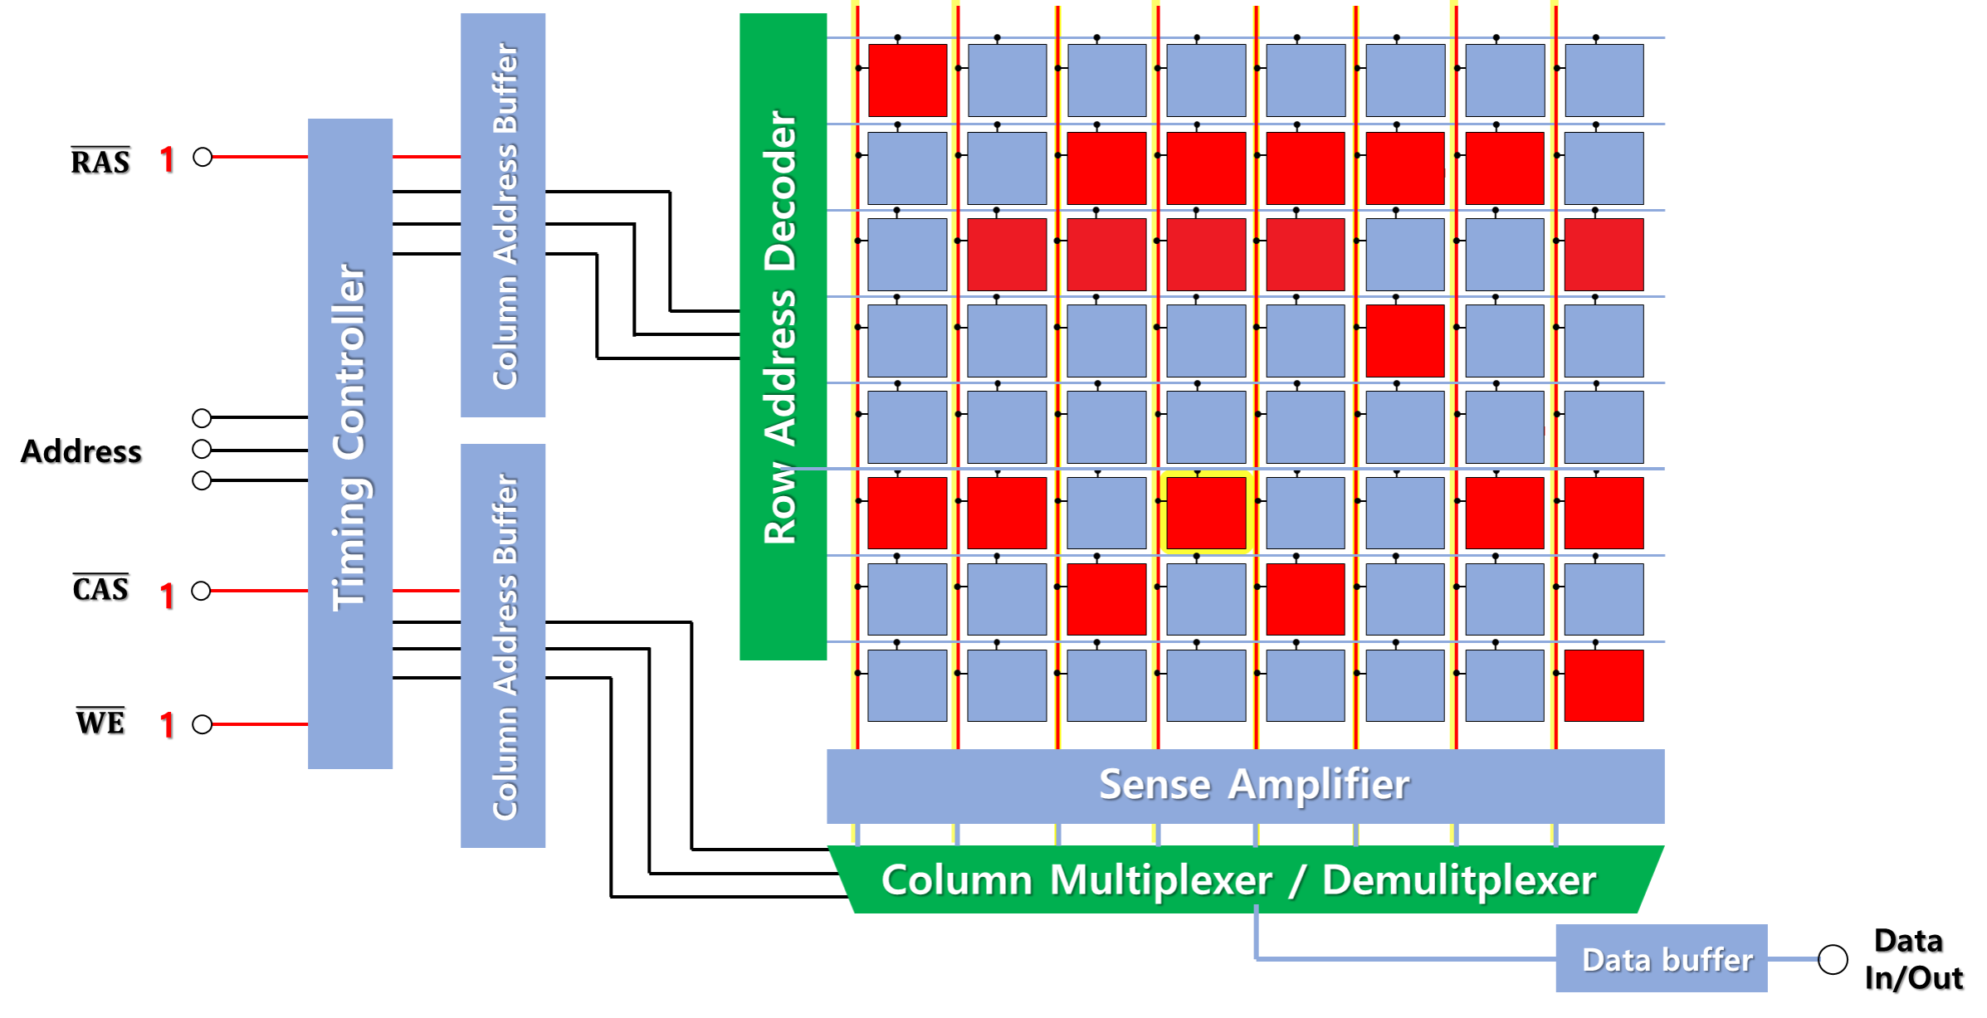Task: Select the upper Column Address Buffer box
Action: coord(503,214)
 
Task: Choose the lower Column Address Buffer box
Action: coord(503,645)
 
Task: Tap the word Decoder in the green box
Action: coord(780,191)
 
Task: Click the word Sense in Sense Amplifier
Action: coord(1155,785)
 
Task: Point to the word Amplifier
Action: coord(1319,785)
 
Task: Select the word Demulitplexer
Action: coord(1458,880)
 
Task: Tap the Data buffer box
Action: coord(1661,958)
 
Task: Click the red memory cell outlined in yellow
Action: coord(1206,513)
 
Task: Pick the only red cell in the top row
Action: coord(907,80)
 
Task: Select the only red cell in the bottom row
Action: coord(1604,685)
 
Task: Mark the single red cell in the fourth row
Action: coord(1404,340)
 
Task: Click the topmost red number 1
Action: coord(167,159)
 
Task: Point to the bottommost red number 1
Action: coord(167,725)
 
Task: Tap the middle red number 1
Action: coord(167,596)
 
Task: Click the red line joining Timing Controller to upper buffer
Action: coord(427,156)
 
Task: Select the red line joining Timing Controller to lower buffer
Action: coord(427,590)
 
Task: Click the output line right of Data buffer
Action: coord(1794,959)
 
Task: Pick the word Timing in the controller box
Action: coord(350,543)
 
